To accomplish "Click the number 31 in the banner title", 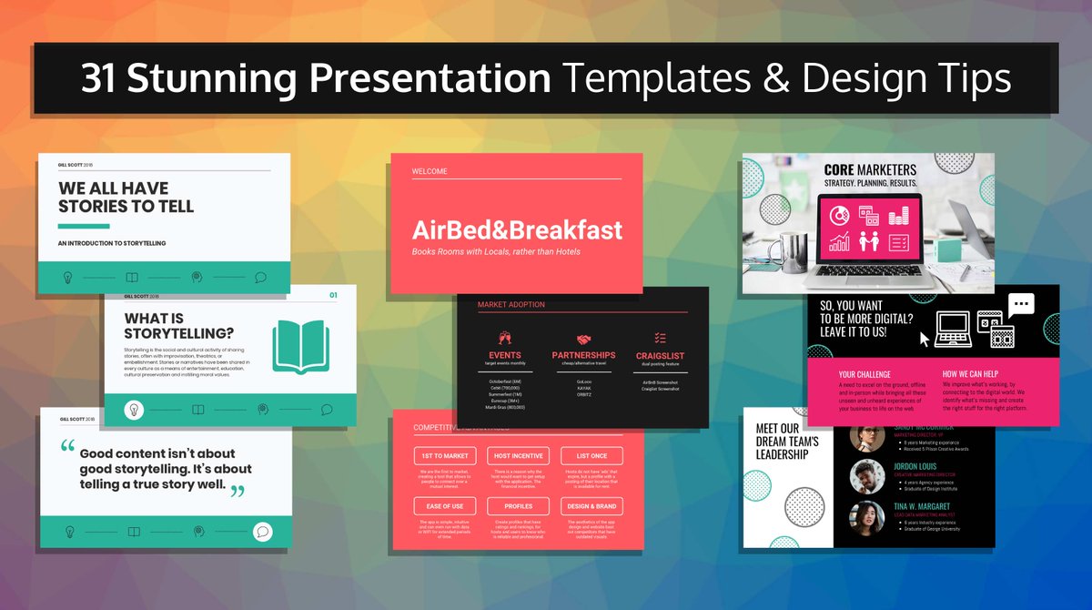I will click(x=99, y=79).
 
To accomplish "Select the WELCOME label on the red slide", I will click(x=430, y=171).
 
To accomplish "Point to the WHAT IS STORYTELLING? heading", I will click(x=178, y=326).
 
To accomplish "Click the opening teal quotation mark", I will click(x=68, y=448).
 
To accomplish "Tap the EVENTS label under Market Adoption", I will click(x=505, y=355).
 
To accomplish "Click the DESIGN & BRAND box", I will click(x=591, y=505).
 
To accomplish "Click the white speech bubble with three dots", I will click(x=1021, y=305).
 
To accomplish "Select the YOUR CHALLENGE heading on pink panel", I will click(x=864, y=374).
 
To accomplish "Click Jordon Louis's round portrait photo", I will click(x=867, y=476).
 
